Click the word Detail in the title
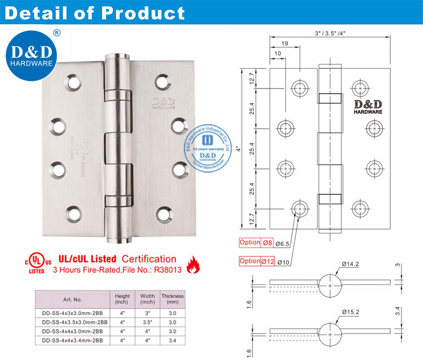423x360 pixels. click(35, 12)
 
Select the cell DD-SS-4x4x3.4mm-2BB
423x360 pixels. click(73, 340)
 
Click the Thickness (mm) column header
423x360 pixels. click(173, 298)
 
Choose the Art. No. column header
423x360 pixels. click(73, 298)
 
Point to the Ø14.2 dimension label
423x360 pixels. click(351, 264)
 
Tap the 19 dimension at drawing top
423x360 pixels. click(284, 42)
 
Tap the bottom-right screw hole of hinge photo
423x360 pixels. click(164, 214)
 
